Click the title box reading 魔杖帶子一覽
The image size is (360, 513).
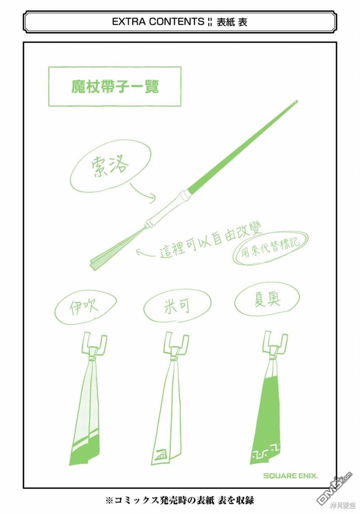[114, 86]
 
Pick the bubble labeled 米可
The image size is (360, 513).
[177, 305]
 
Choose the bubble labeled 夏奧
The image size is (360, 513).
[267, 300]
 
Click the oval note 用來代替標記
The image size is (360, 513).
[270, 248]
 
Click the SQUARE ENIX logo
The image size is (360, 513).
[290, 476]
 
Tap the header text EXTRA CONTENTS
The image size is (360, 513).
[158, 22]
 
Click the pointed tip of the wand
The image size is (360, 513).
[297, 101]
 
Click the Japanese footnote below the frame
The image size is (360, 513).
[180, 500]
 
